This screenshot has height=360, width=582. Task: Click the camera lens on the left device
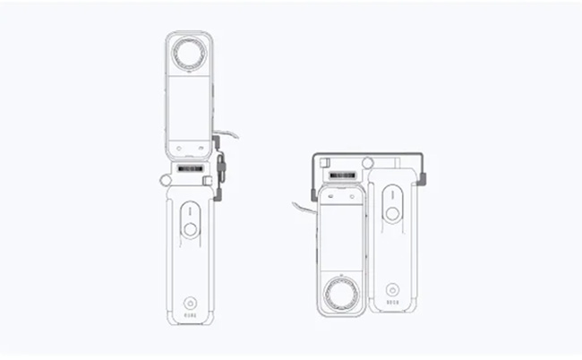pos(189,54)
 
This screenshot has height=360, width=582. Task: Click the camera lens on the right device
pos(341,294)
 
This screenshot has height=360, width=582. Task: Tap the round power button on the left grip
pos(189,303)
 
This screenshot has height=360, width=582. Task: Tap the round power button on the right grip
pos(392,289)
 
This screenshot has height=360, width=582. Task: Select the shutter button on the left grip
pos(190,229)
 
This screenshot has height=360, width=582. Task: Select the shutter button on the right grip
pos(392,214)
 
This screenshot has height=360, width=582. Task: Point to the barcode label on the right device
pos(341,176)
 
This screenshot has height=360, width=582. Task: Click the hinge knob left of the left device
pos(166,180)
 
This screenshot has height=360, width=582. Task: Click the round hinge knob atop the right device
pos(367,164)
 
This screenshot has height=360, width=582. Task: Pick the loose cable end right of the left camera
pos(235,135)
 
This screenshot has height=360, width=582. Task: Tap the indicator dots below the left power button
pos(189,315)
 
